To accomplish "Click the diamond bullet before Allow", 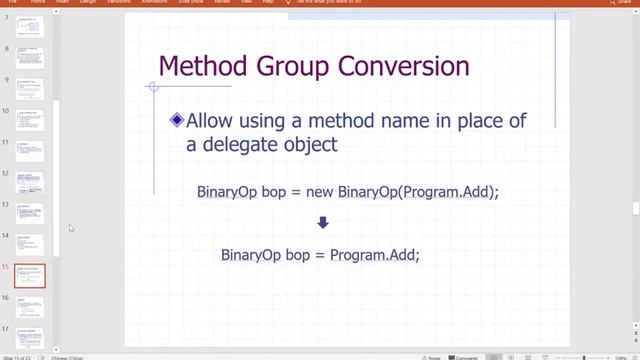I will pos(177,120).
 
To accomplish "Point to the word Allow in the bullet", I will pos(214,121).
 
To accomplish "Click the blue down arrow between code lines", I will pos(322,224).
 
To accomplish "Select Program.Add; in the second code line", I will pos(375,255).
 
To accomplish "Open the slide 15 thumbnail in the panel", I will pos(30,276).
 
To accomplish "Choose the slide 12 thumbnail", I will pos(30,183).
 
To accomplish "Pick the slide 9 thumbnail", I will pos(30,89).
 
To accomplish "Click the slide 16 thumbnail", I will pos(30,306).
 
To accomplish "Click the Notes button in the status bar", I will pos(430,356).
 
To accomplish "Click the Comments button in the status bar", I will pos(464,356).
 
